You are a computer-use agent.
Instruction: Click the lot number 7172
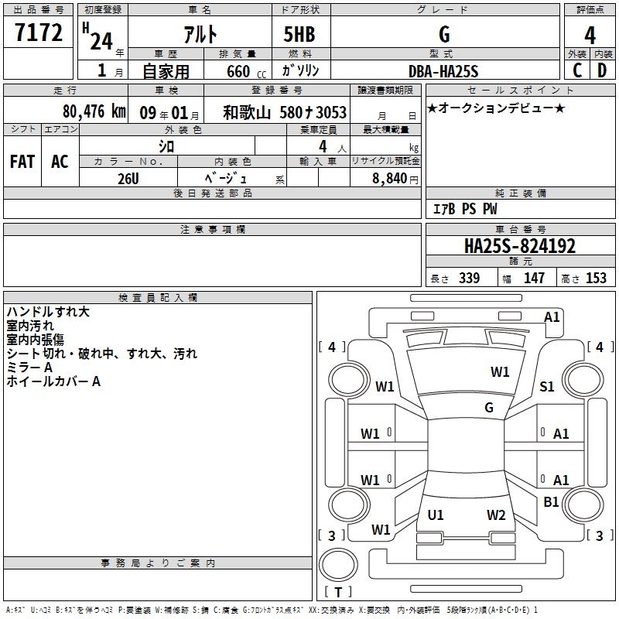click(x=39, y=32)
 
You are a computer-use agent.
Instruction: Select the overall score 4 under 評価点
click(x=590, y=36)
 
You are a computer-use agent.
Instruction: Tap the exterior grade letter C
click(x=577, y=70)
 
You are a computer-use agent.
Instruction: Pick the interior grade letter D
click(x=602, y=70)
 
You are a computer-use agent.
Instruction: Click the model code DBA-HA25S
click(x=443, y=71)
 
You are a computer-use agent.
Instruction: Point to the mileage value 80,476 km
click(x=94, y=111)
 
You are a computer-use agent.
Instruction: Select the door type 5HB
click(x=299, y=34)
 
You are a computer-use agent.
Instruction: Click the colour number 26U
click(x=128, y=179)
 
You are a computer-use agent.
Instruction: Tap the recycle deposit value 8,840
click(x=390, y=179)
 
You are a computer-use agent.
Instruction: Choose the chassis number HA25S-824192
click(x=520, y=246)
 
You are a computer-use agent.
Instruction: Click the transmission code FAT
click(x=22, y=162)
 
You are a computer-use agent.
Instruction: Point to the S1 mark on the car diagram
click(x=547, y=386)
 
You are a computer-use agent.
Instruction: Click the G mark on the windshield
click(x=489, y=407)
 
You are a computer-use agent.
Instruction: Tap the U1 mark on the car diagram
click(x=436, y=515)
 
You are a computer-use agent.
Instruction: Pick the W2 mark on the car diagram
click(x=496, y=515)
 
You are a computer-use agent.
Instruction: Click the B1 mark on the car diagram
click(x=551, y=501)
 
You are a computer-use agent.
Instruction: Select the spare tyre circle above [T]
click(x=338, y=565)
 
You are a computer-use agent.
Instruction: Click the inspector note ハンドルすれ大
click(x=48, y=312)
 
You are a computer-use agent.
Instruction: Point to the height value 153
click(x=596, y=278)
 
